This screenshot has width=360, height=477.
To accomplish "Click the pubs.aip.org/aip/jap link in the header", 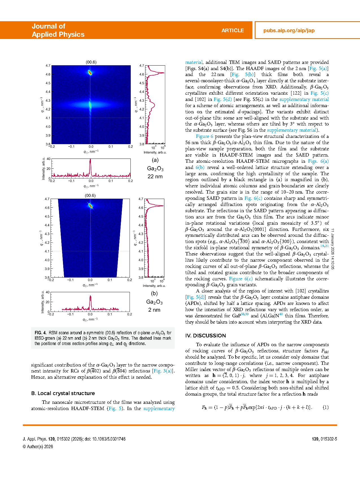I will click(289, 31).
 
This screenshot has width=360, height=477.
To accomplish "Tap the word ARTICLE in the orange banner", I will click(232, 31).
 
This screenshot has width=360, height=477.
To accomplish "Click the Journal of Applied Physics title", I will click(58, 30).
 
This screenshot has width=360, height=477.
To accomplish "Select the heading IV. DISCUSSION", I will click(206, 336).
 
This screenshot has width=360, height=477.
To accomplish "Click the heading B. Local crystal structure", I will click(63, 393).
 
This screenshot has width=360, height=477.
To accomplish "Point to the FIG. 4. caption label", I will click(40, 333).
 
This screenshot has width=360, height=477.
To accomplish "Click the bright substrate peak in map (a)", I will click(90, 73).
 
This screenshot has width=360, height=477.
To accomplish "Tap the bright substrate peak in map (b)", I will click(90, 205).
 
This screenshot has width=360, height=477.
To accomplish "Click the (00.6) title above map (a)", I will click(91, 62).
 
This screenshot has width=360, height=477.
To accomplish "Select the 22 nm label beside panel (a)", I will click(155, 177).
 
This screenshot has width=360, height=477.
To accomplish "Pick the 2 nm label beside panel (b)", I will click(154, 310).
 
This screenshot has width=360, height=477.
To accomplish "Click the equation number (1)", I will click(326, 407).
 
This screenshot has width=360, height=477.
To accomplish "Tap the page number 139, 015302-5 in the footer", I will click(324, 439).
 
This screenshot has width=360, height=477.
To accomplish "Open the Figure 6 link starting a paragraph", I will click(204, 136).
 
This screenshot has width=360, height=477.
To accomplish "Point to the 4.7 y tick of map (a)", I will click(48, 66).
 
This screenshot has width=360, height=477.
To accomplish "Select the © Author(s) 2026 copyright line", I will click(38, 447).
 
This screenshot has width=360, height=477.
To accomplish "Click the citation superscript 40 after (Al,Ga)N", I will click(281, 314).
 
